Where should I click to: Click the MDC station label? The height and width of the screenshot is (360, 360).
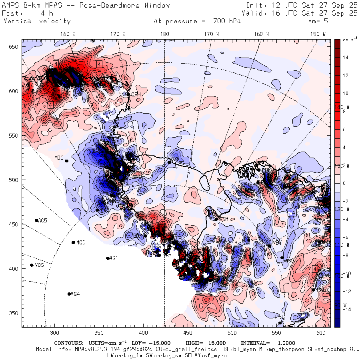[x=59, y=158]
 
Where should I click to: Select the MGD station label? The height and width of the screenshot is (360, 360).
[x=81, y=242]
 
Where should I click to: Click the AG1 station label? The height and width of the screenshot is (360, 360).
[x=114, y=258]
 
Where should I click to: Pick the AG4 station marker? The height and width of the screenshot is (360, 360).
[x=69, y=294]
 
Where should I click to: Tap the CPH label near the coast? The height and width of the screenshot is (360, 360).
[x=136, y=94]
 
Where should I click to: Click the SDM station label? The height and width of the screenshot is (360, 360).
[x=224, y=220]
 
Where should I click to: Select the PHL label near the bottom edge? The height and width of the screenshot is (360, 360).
[x=279, y=317]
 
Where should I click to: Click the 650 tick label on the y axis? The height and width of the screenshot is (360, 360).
[x=15, y=47]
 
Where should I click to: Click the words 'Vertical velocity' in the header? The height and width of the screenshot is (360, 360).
[x=37, y=21]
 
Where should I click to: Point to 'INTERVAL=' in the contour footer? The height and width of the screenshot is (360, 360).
[x=255, y=343]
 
